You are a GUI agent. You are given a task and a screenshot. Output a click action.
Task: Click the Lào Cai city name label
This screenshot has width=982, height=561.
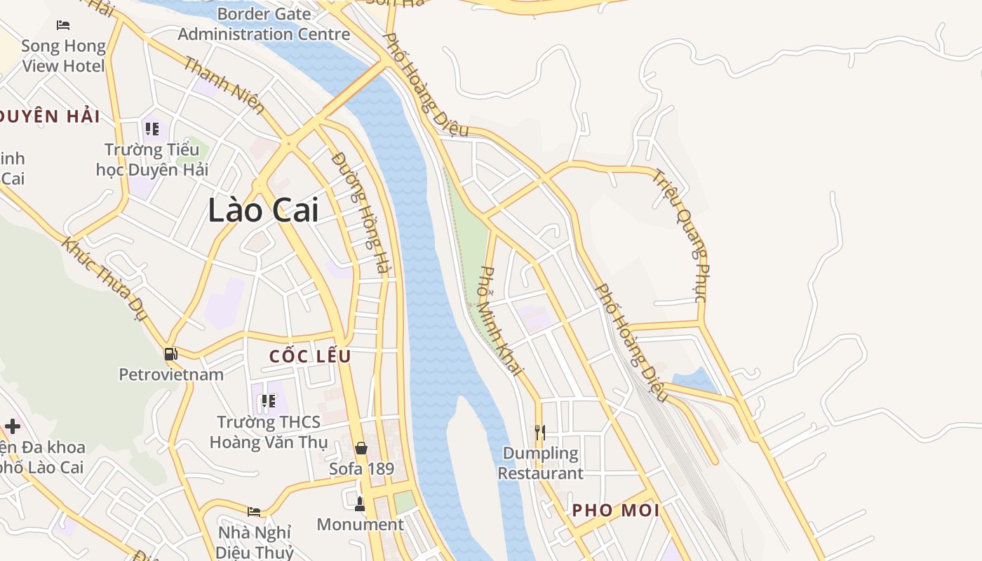coord(263,210)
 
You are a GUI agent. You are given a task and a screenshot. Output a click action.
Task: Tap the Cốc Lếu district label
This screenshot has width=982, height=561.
coord(310,356)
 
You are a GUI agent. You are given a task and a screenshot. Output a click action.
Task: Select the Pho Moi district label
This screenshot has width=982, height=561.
coord(616,511)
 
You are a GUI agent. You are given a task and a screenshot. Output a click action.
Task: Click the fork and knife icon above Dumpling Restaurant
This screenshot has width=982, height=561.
coord(540,432)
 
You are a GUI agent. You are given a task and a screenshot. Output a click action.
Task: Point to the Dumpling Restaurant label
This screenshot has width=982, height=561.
coord(541,464)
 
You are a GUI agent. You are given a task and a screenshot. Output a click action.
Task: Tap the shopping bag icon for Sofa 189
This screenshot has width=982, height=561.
coord(361,447)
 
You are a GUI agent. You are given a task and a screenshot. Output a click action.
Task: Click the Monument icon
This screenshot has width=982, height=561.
coord(360,503)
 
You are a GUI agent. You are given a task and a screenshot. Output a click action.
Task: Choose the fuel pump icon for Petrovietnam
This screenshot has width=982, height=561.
coord(170,354)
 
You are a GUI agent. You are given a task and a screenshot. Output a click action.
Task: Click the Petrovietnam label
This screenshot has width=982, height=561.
coord(171,374)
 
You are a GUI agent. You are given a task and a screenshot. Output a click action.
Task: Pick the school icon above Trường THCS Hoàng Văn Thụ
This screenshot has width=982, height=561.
coord(268,401)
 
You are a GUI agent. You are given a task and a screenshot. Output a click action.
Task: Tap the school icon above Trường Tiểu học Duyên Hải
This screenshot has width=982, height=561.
coord(152,129)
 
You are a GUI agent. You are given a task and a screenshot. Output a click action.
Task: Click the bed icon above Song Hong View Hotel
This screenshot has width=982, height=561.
coord(63,25)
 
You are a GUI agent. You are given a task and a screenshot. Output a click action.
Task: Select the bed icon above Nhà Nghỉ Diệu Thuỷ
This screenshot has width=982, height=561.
coord(254,511)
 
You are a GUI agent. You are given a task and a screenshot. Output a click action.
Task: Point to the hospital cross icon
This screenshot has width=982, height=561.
coord(13,426)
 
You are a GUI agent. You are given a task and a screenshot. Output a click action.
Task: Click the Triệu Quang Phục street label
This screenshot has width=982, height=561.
coord(680,235)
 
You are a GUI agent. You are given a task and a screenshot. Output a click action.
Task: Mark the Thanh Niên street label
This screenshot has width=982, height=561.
coord(224,86)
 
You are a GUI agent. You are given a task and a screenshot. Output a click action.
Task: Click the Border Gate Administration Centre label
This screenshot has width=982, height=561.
coord(264,24)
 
